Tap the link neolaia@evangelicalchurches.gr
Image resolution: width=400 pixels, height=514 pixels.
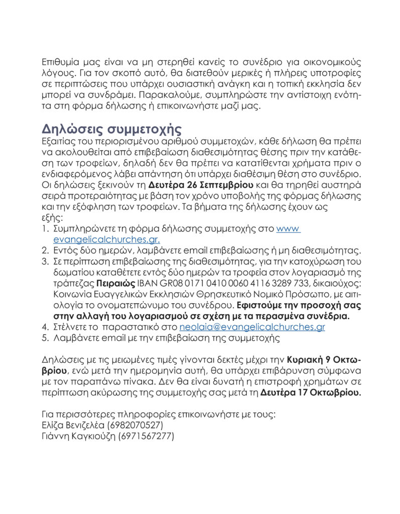click(x=252, y=327)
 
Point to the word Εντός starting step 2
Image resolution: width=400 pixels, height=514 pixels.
click(x=65, y=250)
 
